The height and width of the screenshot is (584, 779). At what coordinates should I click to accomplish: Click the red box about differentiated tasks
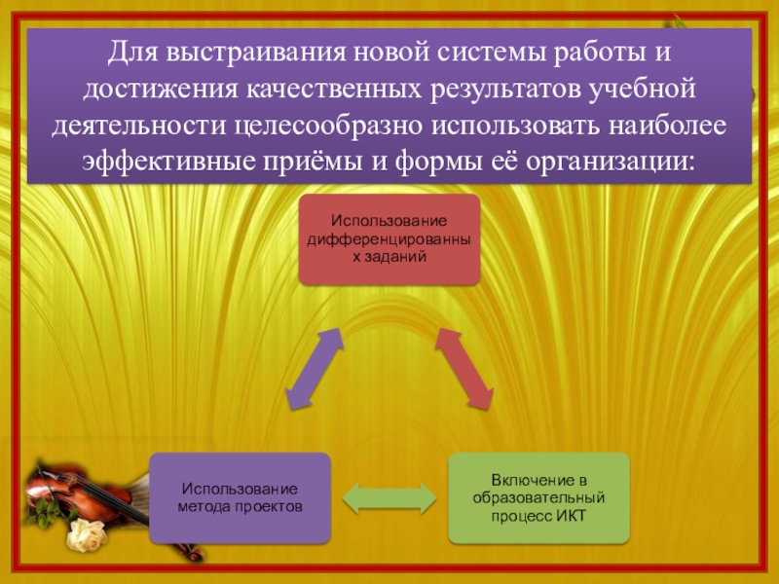389,238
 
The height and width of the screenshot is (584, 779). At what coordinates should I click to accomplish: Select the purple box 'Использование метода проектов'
240,497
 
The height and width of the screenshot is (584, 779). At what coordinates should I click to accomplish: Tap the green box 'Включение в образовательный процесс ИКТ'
538,497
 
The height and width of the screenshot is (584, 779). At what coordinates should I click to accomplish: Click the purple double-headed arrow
314,368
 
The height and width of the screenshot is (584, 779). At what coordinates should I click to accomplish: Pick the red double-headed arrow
464,368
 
